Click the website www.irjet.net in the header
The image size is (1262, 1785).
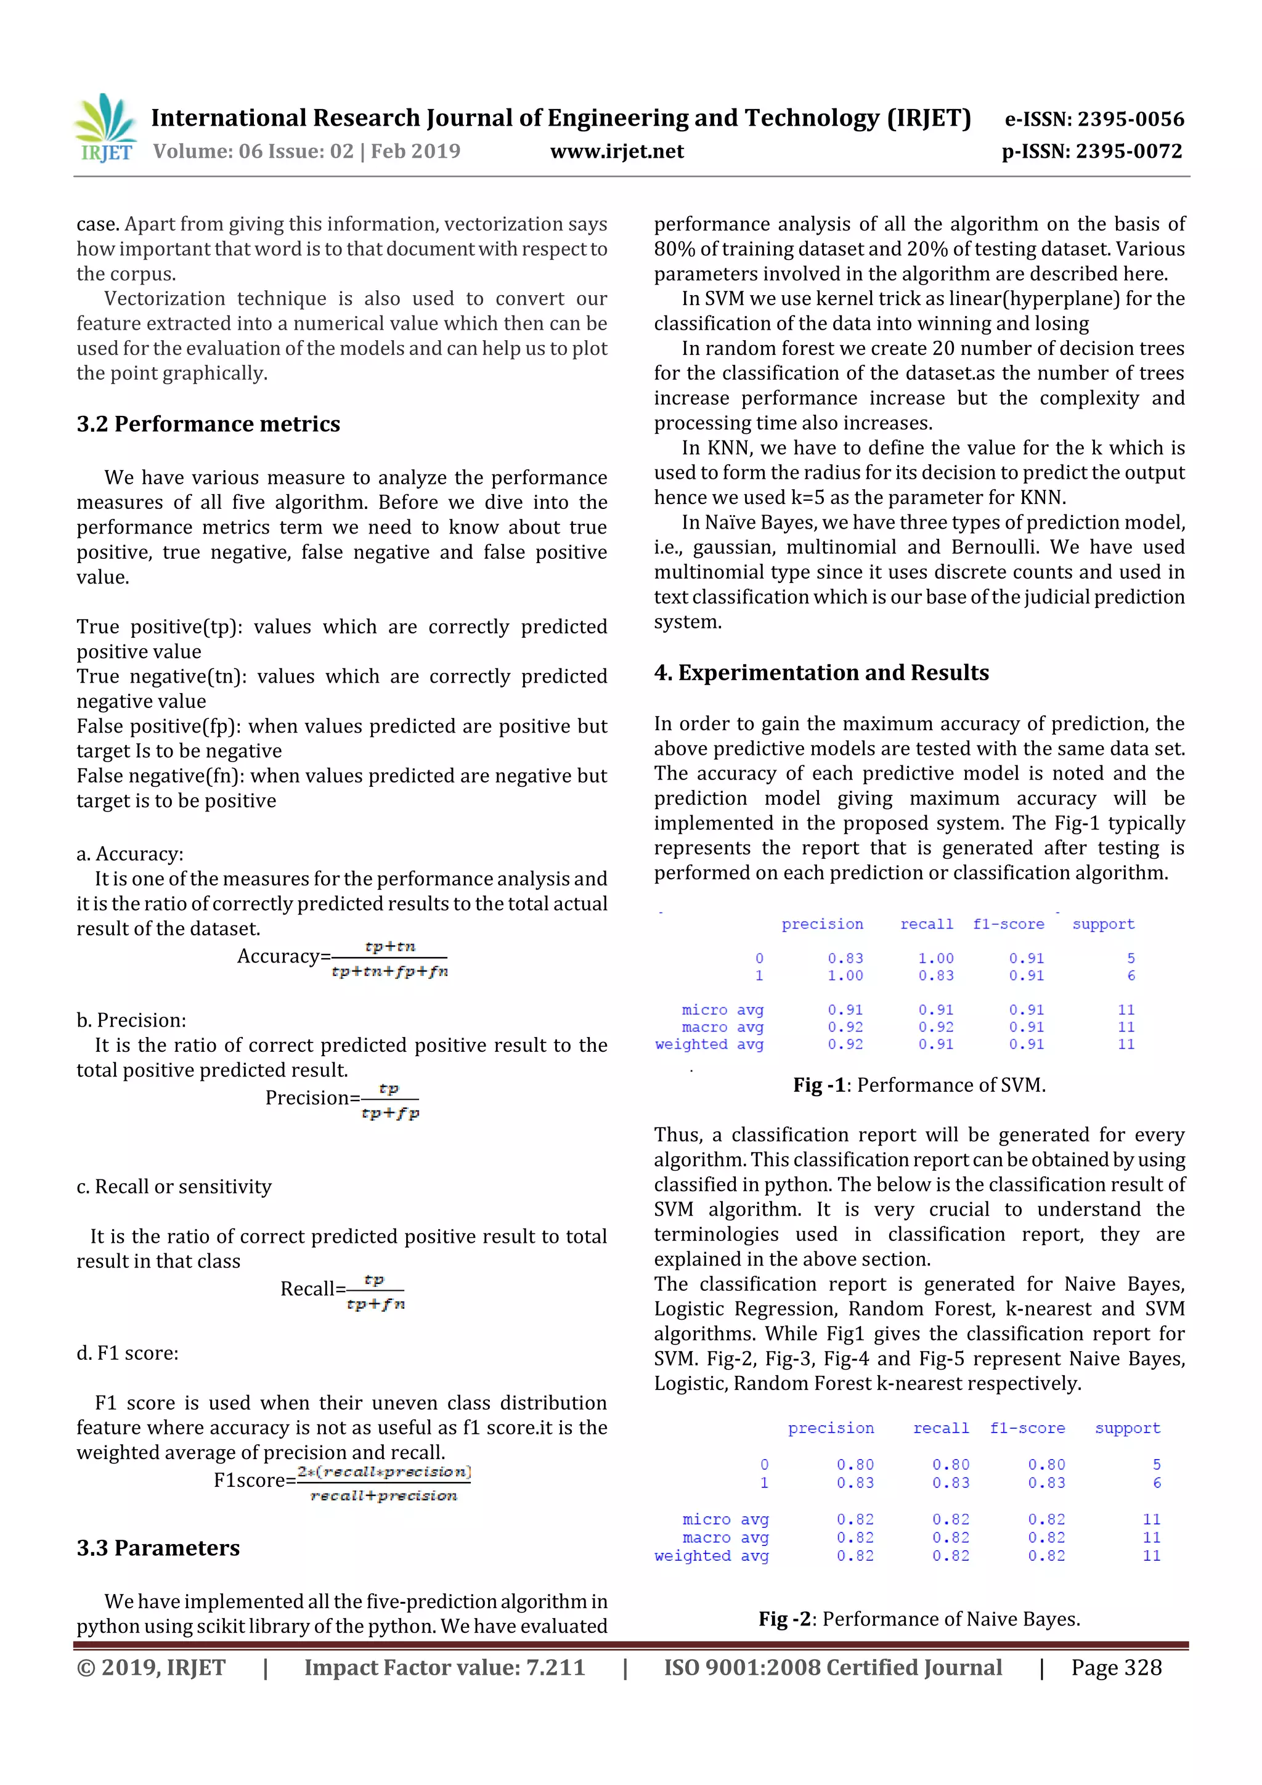[x=617, y=152]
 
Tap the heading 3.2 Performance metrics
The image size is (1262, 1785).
[x=208, y=424]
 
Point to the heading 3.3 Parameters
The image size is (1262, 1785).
[x=158, y=1548]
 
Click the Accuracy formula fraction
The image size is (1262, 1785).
[x=389, y=959]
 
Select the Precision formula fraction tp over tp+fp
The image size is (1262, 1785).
[x=390, y=1101]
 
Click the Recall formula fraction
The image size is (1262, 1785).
[x=375, y=1291]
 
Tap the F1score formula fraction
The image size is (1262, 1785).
[x=384, y=1483]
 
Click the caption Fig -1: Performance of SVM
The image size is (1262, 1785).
[x=919, y=1084]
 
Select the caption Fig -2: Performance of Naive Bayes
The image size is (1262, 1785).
[x=919, y=1619]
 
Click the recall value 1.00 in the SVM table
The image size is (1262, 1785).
[x=935, y=959]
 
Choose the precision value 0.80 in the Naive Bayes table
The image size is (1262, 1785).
[x=855, y=1465]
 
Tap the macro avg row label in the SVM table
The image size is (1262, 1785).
[x=722, y=1027]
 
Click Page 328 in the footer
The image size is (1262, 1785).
[x=1116, y=1667]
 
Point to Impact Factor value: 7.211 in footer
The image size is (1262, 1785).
[x=444, y=1667]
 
